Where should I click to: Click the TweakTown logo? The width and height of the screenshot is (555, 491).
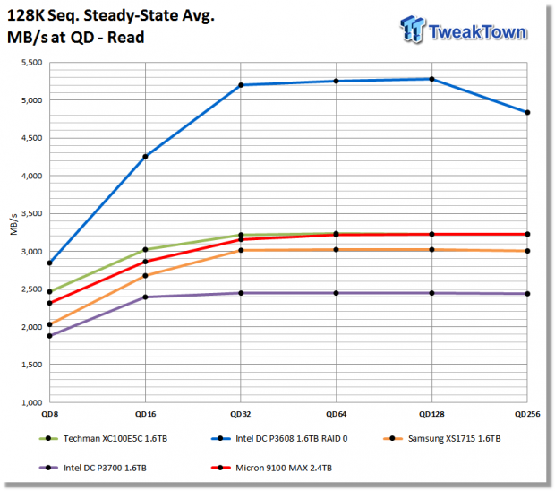(464, 30)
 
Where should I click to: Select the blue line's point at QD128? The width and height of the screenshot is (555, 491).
(431, 79)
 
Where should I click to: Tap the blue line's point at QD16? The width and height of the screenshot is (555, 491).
(145, 157)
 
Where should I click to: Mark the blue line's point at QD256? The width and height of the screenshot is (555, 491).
(527, 112)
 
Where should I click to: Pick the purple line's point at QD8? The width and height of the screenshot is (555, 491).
(50, 336)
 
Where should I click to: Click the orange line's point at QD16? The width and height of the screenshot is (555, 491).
(145, 276)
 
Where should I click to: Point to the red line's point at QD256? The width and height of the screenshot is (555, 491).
(527, 234)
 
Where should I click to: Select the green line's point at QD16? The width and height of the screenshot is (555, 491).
(145, 249)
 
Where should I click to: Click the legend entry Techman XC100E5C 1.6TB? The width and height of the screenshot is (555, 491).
(103, 438)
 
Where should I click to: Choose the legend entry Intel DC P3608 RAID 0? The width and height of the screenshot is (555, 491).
(279, 438)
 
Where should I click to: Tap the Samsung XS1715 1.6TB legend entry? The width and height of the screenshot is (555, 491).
(441, 438)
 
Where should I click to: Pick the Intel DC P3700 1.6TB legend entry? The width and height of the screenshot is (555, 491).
(93, 468)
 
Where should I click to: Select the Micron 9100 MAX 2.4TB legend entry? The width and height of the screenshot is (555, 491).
(271, 468)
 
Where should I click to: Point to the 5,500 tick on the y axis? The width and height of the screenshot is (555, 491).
(32, 63)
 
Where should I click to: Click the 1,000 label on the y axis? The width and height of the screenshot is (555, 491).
(32, 402)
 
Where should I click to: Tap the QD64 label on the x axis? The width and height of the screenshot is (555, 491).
(337, 414)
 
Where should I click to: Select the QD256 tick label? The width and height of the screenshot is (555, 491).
(527, 414)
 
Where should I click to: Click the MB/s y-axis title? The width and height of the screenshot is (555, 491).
(13, 224)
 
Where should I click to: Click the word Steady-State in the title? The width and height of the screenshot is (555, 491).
(132, 16)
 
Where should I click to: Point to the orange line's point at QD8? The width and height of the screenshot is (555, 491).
(50, 324)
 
